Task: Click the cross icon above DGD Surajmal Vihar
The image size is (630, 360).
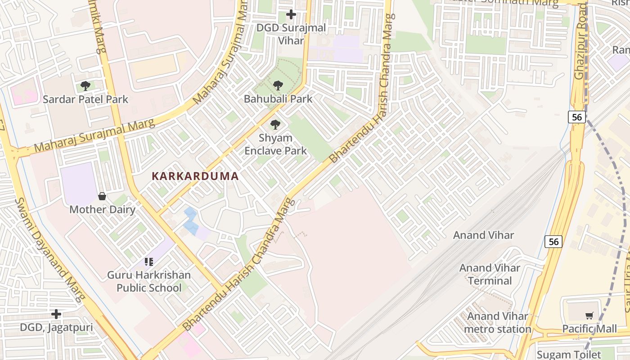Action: (291, 14)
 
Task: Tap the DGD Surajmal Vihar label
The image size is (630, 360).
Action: (291, 34)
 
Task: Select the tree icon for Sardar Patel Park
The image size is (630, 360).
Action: (85, 85)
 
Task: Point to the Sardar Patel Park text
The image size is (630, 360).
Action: (85, 99)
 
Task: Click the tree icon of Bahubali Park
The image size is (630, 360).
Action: (278, 85)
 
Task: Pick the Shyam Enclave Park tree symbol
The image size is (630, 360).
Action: (275, 125)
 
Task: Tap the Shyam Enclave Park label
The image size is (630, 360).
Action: (275, 144)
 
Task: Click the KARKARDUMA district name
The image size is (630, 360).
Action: (195, 176)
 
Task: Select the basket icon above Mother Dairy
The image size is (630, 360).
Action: (102, 196)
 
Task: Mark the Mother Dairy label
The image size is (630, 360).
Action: (102, 209)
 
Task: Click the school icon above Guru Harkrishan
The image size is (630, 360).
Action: (149, 261)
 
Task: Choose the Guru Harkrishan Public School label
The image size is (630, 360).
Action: (149, 281)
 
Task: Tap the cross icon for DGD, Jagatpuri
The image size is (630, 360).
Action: (56, 314)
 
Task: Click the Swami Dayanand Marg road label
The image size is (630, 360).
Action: (49, 250)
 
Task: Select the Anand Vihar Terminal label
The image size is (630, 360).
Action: (490, 274)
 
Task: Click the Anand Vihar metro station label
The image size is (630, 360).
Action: (497, 323)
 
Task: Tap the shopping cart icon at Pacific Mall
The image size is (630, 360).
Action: (589, 316)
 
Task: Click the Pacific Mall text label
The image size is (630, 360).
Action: (589, 329)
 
